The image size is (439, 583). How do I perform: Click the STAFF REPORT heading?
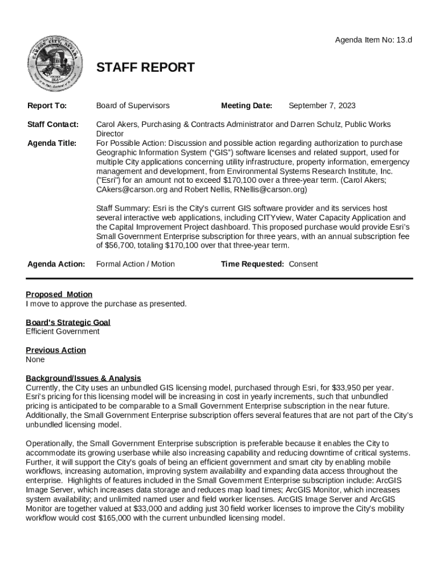(145, 68)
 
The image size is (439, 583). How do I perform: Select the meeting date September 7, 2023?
(322, 105)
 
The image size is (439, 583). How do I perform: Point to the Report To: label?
(47, 105)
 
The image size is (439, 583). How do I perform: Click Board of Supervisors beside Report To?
(132, 105)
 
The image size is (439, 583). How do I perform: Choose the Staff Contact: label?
(53, 124)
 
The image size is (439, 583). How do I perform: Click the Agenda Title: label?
(52, 143)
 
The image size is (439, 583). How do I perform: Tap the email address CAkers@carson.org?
(131, 189)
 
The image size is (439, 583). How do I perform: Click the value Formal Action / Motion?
(135, 264)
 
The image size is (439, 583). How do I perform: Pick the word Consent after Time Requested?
(303, 264)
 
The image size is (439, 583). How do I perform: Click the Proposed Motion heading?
(59, 294)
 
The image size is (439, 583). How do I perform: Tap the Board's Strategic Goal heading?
(68, 322)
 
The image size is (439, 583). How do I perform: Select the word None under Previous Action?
(35, 359)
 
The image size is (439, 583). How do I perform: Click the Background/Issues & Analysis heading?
(83, 378)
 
